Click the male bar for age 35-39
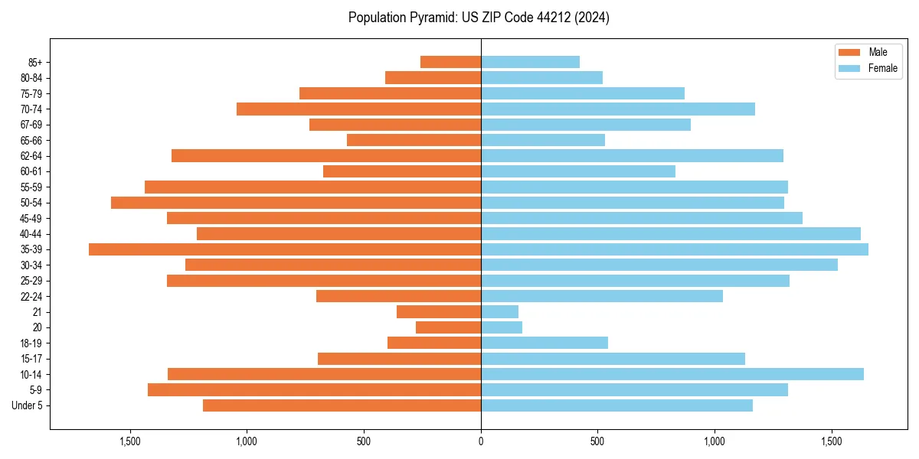pyautogui.click(x=285, y=249)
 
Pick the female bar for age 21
pyautogui.click(x=499, y=311)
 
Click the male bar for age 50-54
pyautogui.click(x=296, y=203)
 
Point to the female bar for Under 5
pyautogui.click(x=616, y=405)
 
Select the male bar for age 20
pyautogui.click(x=448, y=327)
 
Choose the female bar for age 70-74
pyautogui.click(x=618, y=109)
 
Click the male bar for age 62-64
pyautogui.click(x=326, y=156)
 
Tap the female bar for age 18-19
pyautogui.click(x=545, y=343)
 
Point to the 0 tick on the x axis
pyautogui.click(x=481, y=441)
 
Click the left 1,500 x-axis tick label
pyautogui.click(x=130, y=441)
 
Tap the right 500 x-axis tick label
pyautogui.click(x=598, y=441)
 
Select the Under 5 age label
pyautogui.click(x=27, y=405)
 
